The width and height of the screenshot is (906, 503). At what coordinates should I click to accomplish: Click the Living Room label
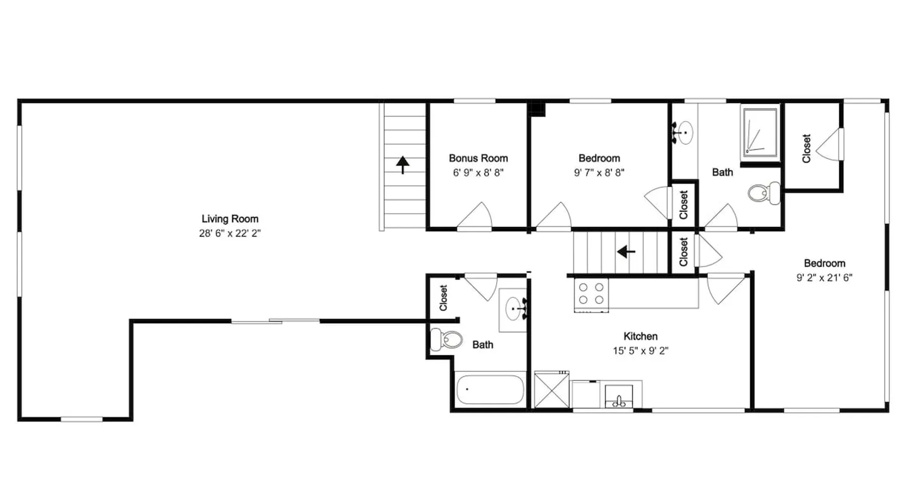230,219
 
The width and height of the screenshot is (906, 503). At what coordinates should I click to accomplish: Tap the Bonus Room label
478,158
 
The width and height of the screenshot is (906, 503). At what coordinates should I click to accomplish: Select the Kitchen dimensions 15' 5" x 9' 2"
640,351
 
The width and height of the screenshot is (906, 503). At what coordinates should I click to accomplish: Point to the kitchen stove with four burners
591,294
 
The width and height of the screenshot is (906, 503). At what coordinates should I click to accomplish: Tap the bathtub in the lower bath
490,390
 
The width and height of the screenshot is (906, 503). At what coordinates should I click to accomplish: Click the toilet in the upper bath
764,193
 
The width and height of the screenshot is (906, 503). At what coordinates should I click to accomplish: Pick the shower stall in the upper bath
760,132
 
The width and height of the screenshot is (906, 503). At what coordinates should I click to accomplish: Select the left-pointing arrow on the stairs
626,251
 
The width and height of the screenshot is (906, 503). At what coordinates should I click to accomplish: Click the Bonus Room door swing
476,216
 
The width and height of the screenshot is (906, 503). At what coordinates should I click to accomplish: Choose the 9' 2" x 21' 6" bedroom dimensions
824,278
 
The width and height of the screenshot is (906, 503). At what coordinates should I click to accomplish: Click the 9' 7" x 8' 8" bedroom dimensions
599,173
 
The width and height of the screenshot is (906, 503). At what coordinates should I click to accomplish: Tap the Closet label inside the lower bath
443,298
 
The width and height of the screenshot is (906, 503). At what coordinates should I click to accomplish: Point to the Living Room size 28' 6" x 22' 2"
230,233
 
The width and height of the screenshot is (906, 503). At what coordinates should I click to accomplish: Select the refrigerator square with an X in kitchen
552,390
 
